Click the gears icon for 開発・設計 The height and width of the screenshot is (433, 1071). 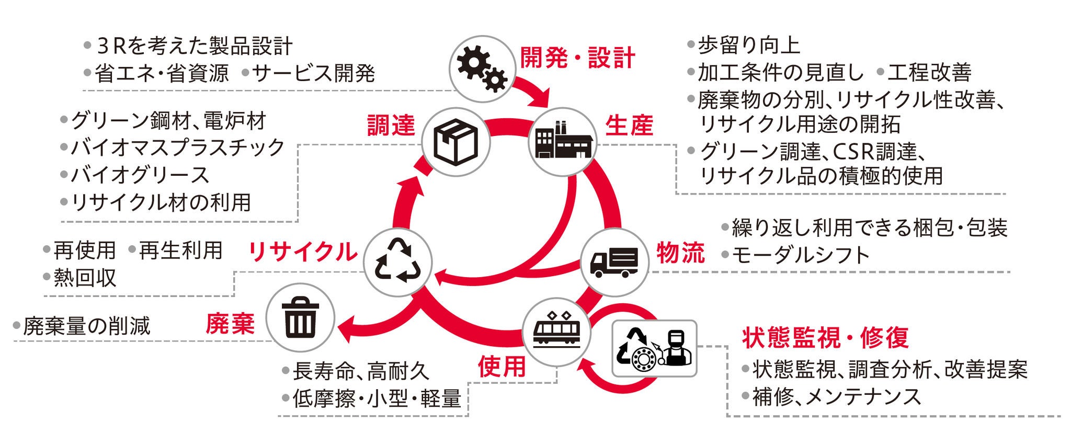[x=482, y=69]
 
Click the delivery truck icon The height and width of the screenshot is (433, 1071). [x=614, y=261]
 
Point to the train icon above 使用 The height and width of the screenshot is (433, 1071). [x=556, y=330]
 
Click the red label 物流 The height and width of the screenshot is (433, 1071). [x=680, y=253]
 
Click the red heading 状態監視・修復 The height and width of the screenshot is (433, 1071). [x=825, y=338]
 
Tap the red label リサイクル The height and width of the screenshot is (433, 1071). [x=303, y=252]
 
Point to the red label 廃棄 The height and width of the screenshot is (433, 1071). [x=230, y=324]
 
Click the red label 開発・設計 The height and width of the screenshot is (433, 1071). [x=577, y=58]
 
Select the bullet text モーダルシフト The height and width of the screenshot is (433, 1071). [x=800, y=255]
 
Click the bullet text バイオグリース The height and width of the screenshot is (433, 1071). [x=140, y=175]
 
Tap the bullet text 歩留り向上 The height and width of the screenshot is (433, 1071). [x=749, y=45]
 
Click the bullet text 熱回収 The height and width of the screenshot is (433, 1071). [x=85, y=278]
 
